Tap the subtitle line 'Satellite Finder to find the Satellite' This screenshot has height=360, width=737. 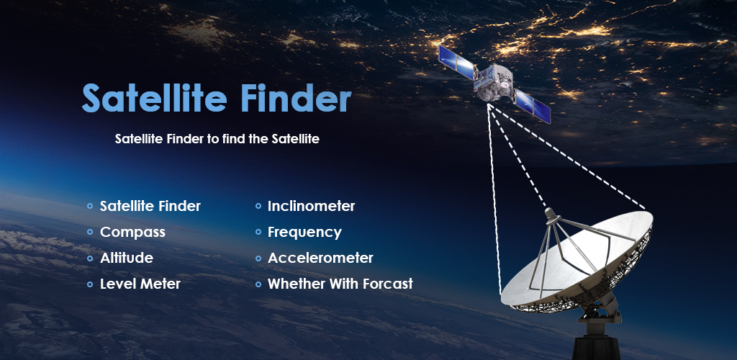[217, 139]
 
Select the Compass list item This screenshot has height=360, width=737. [132, 233]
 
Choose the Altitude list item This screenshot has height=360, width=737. [127, 258]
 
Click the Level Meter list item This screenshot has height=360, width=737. [140, 284]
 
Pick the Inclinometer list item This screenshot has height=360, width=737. [311, 207]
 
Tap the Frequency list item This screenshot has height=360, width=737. [304, 233]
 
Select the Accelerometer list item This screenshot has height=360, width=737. [320, 258]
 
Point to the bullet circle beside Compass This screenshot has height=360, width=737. [90, 232]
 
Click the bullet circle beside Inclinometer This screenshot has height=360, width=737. [258, 207]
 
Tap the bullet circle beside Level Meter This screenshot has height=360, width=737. [90, 284]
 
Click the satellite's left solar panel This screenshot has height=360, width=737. [457, 62]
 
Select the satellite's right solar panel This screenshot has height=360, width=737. [533, 106]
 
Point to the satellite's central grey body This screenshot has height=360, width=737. [494, 82]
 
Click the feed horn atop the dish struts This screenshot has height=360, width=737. [551, 215]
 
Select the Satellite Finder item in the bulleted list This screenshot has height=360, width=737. [150, 207]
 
